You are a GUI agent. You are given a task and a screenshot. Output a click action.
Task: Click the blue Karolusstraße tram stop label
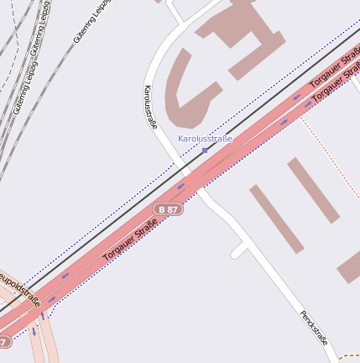(205, 139)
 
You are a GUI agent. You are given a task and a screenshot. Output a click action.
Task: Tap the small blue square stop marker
(205, 150)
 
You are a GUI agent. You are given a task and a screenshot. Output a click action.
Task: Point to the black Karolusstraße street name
(151, 106)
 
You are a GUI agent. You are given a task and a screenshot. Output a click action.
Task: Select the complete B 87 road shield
(168, 208)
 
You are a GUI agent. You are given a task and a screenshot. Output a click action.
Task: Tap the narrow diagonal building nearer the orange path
(313, 190)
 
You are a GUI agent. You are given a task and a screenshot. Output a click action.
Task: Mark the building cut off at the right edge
(350, 269)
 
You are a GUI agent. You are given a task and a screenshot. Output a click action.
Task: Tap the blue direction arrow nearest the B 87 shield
(180, 187)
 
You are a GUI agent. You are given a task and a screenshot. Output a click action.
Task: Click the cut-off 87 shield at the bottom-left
(4, 342)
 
